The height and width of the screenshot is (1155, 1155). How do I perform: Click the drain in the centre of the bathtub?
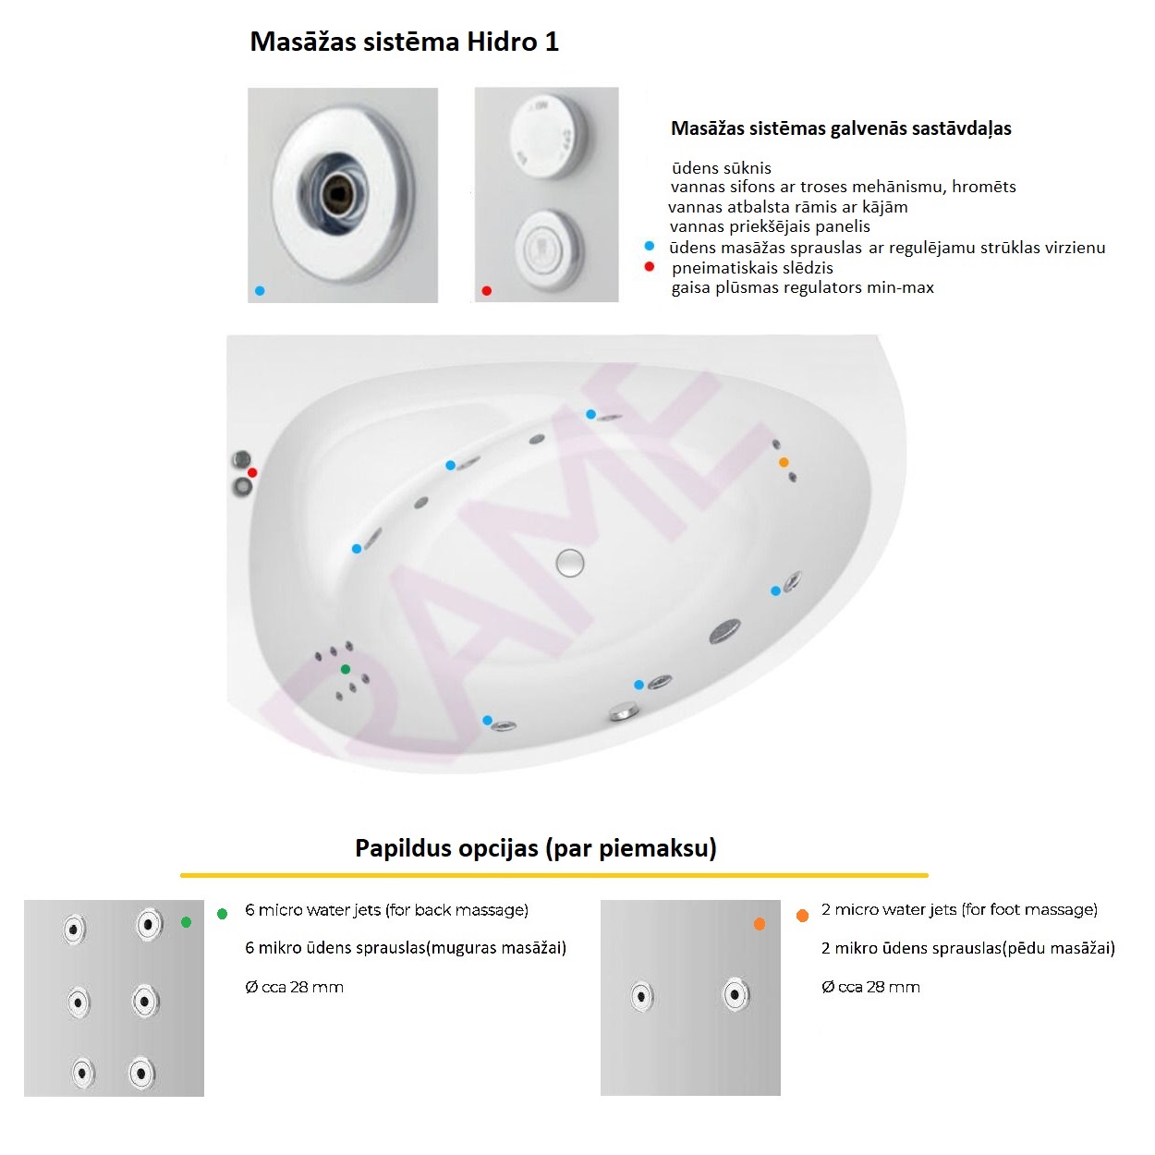(569, 564)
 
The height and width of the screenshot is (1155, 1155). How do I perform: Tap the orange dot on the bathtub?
(784, 462)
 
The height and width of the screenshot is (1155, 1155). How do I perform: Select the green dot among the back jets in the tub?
(346, 669)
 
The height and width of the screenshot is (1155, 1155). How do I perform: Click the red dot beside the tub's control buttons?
(252, 473)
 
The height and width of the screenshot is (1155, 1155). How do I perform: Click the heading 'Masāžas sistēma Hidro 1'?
(405, 42)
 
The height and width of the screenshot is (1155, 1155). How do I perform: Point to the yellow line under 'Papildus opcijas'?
(553, 876)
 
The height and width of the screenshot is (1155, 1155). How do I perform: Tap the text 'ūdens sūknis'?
(721, 168)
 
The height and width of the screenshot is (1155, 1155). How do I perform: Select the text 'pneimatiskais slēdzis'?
(752, 268)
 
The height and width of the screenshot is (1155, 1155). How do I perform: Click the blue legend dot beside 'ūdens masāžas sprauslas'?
(650, 246)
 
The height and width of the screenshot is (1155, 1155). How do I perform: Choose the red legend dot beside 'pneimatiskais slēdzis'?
(650, 266)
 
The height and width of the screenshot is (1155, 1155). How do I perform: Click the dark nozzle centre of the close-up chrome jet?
(339, 192)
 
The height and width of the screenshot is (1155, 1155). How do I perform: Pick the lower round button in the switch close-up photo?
(547, 249)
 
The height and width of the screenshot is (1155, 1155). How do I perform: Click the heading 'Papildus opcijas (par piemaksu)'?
(536, 848)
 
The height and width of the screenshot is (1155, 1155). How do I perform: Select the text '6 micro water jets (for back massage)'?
(386, 910)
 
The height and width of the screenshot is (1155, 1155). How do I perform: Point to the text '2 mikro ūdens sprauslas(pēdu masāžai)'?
(968, 948)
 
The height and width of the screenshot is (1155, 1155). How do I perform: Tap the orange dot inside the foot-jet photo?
(759, 924)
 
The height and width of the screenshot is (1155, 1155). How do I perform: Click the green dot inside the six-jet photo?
(186, 922)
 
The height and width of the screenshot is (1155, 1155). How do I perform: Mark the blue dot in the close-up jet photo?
(260, 291)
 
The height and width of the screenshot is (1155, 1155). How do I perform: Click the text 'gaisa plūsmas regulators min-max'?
(803, 287)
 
